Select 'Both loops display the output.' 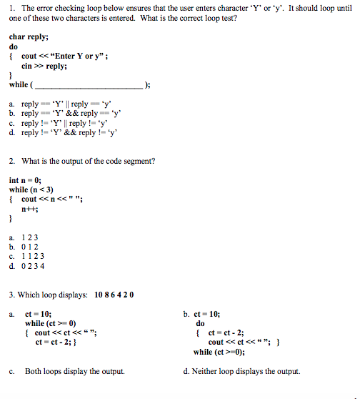click(74, 372)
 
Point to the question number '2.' click(11, 161)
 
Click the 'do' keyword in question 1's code click(14, 46)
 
